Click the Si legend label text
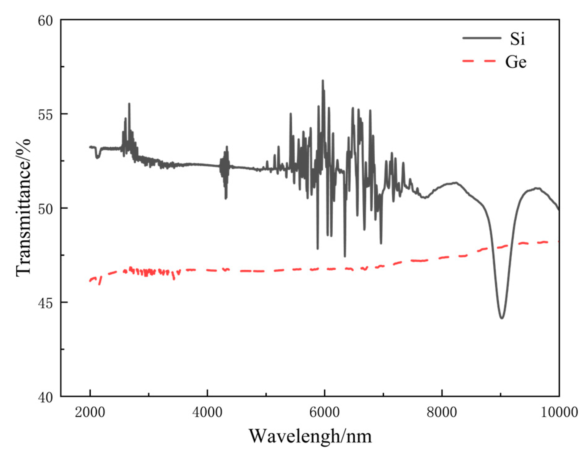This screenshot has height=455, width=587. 517,40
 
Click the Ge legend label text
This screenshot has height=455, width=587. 516,62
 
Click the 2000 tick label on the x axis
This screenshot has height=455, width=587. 90,412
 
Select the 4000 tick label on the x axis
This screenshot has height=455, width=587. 207,412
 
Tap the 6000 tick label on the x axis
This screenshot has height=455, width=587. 325,412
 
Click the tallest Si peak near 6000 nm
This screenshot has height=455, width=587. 323,81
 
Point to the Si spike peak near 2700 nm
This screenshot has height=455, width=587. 129,104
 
